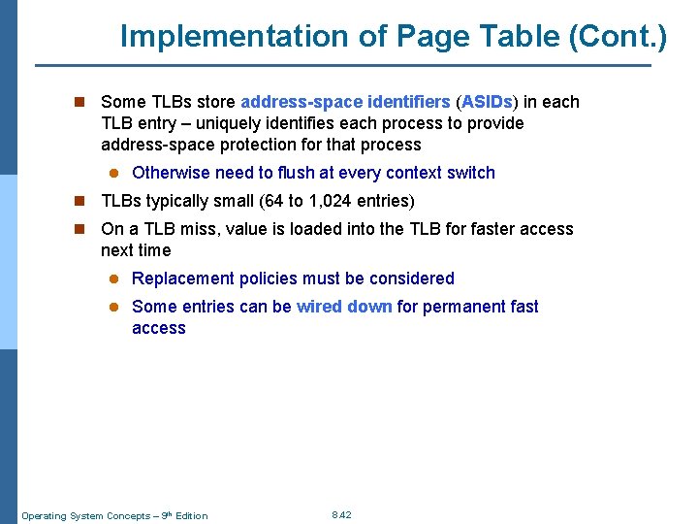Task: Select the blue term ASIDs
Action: pyautogui.click(x=487, y=102)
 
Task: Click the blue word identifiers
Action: pyautogui.click(x=409, y=102)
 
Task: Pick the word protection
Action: pyautogui.click(x=275, y=145)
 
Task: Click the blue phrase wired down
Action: pyautogui.click(x=344, y=307)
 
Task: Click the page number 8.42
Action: pyautogui.click(x=341, y=514)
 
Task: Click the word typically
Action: pyautogui.click(x=180, y=201)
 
